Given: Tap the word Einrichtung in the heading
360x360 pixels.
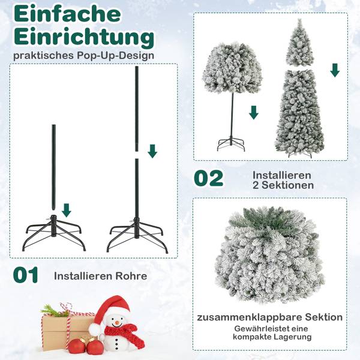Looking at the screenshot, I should (x=84, y=37).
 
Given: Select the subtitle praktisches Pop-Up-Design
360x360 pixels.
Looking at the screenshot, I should (x=82, y=56).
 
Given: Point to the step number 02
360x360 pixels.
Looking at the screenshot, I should (x=208, y=178).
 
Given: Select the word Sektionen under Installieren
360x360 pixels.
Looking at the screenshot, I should (x=283, y=185).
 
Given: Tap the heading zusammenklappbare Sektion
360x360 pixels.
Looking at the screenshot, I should (x=270, y=317).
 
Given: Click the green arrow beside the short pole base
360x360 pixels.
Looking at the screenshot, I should (x=67, y=210).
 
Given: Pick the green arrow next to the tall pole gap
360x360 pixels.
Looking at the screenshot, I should (x=152, y=150).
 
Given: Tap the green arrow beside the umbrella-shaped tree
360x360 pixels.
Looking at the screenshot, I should (x=254, y=112).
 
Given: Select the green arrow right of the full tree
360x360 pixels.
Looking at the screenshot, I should (x=335, y=70).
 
